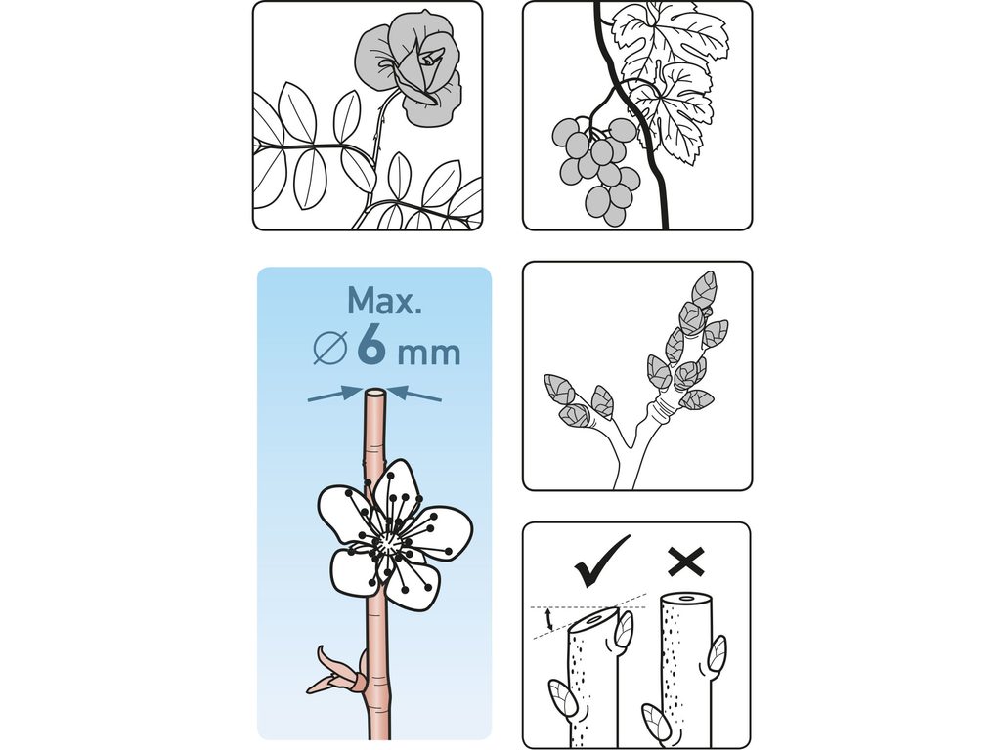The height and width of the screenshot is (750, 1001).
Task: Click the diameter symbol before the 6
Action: point(330,349)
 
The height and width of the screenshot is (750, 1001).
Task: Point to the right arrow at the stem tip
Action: point(413,395)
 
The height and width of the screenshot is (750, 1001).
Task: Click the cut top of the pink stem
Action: point(374,393)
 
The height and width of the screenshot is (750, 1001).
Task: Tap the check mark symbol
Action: point(601,561)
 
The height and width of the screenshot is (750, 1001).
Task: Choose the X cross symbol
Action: point(686,562)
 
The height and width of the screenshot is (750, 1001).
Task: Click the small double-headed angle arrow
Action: point(547,618)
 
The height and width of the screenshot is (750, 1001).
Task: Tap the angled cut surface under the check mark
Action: point(594,620)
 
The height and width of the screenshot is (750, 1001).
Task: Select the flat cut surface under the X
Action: point(685,599)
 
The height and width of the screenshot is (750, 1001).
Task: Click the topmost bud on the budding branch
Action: point(704,286)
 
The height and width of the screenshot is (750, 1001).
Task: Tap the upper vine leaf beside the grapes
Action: point(669,35)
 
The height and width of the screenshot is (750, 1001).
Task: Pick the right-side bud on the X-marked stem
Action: point(718,653)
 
